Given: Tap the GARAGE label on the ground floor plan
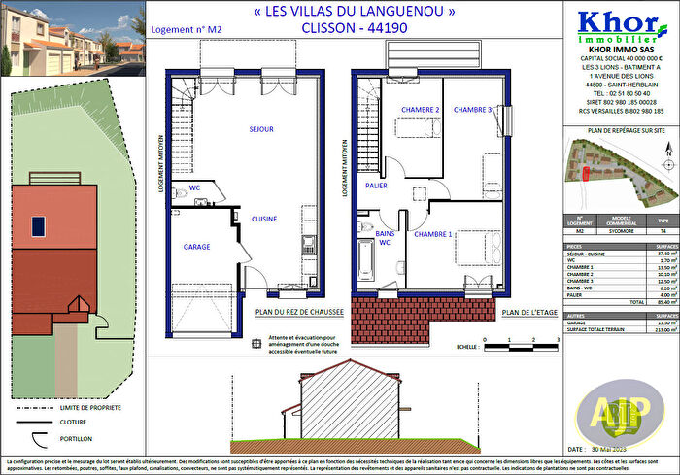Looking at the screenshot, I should coord(196,247).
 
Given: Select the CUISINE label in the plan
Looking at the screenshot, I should coord(264,219).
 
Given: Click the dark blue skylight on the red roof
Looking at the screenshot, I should coord(38,226).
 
